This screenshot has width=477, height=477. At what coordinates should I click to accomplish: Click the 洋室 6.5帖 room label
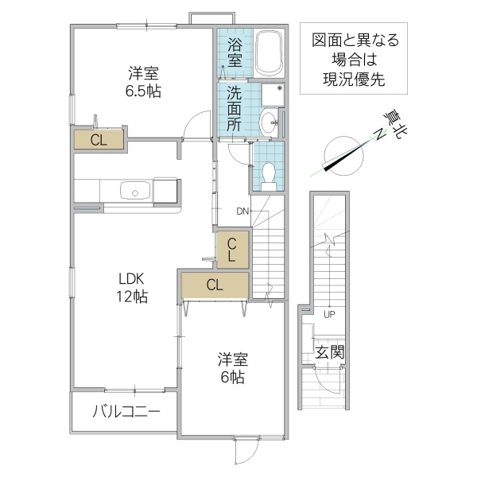click(144, 82)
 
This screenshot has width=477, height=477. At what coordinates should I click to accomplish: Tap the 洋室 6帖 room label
click(231, 368)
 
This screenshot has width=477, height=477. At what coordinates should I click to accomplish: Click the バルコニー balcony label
click(126, 412)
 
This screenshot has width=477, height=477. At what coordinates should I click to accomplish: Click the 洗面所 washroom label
click(234, 108)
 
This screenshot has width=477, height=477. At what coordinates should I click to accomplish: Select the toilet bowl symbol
click(269, 173)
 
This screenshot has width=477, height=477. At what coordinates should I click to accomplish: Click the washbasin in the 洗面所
click(270, 122)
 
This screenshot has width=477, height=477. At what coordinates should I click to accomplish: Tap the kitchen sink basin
click(135, 191)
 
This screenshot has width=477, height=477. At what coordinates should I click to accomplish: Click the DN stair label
click(243, 211)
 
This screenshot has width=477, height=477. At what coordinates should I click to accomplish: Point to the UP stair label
click(328, 313)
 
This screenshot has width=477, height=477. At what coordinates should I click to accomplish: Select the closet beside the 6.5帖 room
click(99, 140)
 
